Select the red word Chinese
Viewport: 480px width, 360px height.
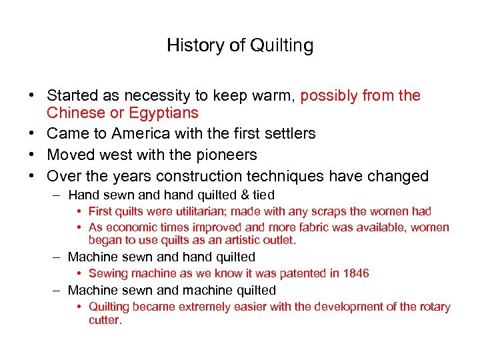tap(73, 113)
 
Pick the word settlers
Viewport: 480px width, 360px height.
tap(289, 133)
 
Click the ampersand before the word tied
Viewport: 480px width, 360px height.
tap(242, 195)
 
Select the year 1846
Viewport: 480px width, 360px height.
tap(355, 273)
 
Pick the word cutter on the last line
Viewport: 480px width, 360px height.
tap(104, 320)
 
